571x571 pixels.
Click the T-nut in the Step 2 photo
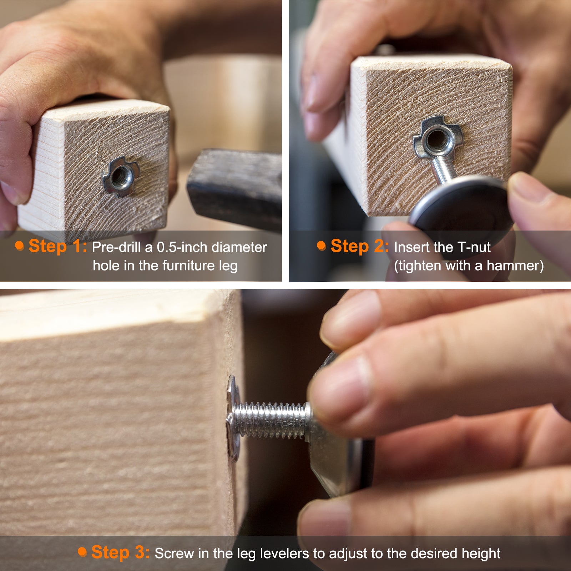coord(438,137)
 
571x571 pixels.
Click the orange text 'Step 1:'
coord(58,246)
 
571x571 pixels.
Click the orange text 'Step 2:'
coord(360,246)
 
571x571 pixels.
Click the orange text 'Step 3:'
coord(121,552)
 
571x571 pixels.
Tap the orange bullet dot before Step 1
coord(19,246)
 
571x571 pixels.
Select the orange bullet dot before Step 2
coord(322,246)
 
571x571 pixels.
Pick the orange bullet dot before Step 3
coord(82,552)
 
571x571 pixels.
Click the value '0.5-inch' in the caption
coord(182,247)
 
